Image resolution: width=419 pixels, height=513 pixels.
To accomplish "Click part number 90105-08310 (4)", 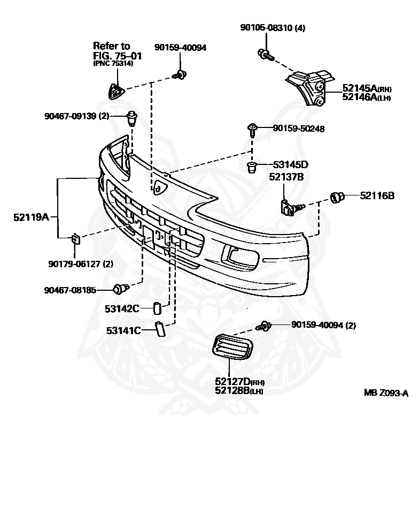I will click(x=272, y=28).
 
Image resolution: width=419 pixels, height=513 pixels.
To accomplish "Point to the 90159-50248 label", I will click(x=299, y=129).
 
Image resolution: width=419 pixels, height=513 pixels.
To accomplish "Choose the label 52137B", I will click(x=286, y=176).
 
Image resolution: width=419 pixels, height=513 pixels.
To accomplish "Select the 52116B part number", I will click(x=377, y=196).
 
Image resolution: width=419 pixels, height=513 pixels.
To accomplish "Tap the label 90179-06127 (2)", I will click(x=80, y=264).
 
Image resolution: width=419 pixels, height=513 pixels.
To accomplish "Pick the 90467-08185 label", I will click(x=70, y=290).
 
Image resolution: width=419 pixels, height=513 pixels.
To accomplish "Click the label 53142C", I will click(x=122, y=308).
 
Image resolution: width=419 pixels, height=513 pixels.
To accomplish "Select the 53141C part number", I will click(x=123, y=330).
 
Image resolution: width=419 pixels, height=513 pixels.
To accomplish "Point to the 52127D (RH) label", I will click(x=240, y=382).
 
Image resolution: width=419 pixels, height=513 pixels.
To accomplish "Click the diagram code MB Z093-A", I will click(x=386, y=393).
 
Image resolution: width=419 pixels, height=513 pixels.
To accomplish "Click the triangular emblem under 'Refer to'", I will click(x=115, y=92).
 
